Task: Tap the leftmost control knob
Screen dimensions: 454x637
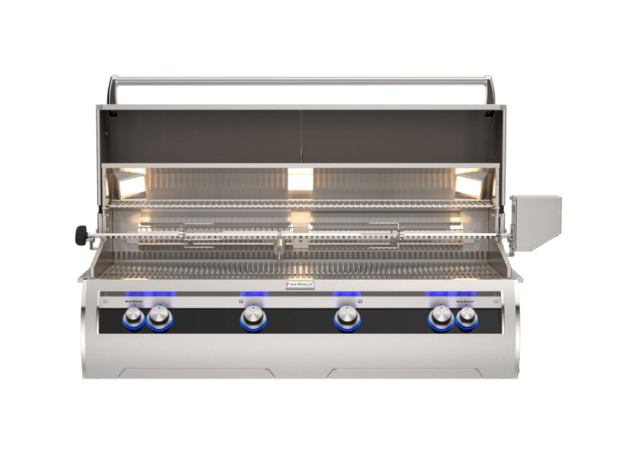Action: click(x=133, y=319)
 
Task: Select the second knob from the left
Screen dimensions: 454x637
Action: click(x=159, y=320)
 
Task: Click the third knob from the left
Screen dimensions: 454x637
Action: click(x=253, y=320)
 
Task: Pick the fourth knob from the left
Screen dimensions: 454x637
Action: click(x=346, y=320)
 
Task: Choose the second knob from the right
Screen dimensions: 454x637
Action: click(x=440, y=320)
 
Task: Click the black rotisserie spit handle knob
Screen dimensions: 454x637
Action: click(x=81, y=235)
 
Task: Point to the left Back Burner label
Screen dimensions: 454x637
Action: click(x=132, y=301)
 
